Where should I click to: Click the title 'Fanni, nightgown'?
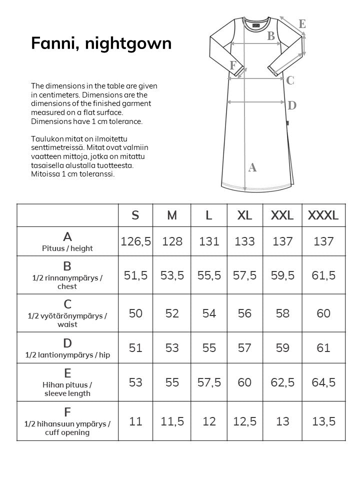click(101, 43)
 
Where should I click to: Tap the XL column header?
click(244, 215)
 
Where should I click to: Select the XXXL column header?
click(323, 215)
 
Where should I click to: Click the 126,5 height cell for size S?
click(135, 241)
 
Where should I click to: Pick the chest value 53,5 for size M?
click(172, 275)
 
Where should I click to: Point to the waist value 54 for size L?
click(209, 313)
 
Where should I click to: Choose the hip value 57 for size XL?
click(244, 347)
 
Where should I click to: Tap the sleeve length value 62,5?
click(282, 382)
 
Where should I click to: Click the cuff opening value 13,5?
click(323, 421)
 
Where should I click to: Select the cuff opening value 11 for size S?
click(135, 421)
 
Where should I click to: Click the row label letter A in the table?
click(67, 236)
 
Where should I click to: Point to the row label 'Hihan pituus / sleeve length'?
click(67, 388)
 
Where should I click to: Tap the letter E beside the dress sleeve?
click(302, 23)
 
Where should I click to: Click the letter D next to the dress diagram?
click(292, 105)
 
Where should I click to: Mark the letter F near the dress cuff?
click(233, 65)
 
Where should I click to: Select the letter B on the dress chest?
click(271, 35)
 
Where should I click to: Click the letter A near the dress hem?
click(252, 167)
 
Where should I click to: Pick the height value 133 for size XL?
click(244, 241)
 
